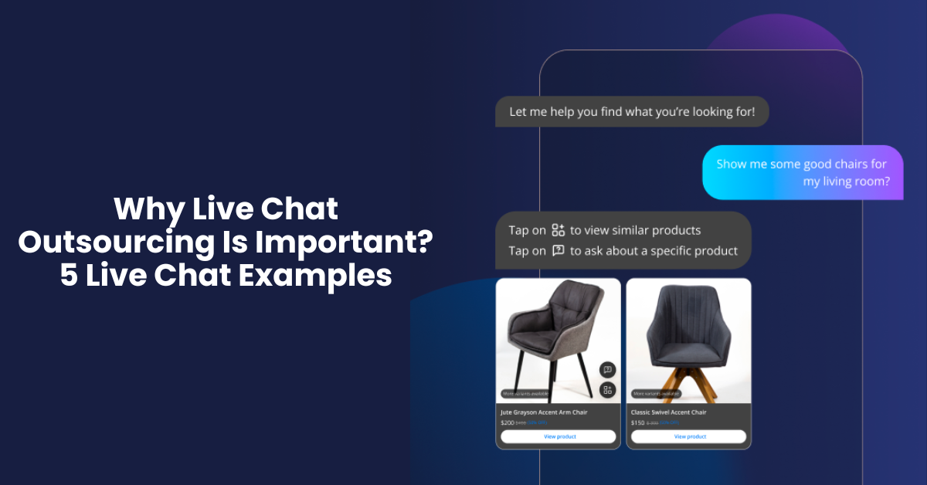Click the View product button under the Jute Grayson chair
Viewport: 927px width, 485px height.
pos(558,436)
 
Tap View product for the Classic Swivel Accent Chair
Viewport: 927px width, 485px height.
pos(689,436)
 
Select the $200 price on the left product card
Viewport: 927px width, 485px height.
pos(507,423)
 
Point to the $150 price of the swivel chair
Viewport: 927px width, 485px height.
pos(637,423)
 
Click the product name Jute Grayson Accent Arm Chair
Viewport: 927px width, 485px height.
pos(544,412)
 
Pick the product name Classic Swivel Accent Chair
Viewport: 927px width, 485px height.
pos(669,412)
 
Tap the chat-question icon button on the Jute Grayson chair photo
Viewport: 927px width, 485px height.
pos(607,370)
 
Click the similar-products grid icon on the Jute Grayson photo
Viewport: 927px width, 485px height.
pos(607,390)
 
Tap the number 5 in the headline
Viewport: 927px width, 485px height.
pos(69,275)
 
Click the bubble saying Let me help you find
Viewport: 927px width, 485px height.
pos(631,112)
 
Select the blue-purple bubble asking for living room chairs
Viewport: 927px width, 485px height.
pos(802,173)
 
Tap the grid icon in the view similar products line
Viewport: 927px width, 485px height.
pos(559,230)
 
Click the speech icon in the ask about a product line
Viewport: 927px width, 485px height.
pos(559,250)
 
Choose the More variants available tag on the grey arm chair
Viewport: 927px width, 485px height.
pos(525,394)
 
